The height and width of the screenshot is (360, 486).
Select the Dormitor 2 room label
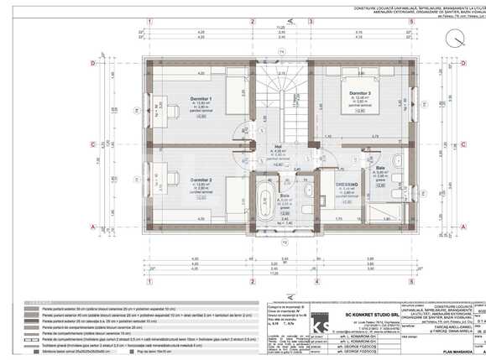coord(200,180)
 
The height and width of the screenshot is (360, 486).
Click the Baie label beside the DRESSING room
coord(380,167)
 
